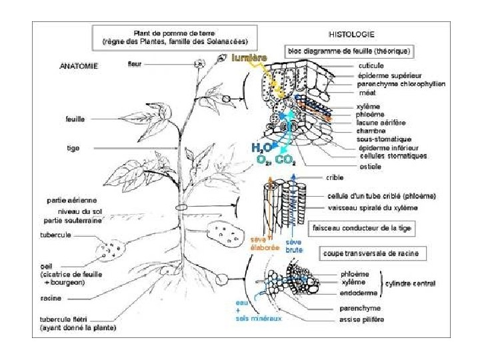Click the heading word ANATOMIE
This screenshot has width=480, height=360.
click(79, 66)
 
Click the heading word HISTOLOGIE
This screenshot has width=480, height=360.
click(351, 33)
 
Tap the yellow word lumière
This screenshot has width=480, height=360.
click(249, 58)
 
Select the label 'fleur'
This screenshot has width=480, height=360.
click(134, 64)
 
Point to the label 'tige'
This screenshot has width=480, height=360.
click(73, 148)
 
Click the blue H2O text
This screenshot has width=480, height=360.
click(260, 147)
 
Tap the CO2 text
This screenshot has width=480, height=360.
click(285, 160)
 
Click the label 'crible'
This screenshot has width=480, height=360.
click(335, 178)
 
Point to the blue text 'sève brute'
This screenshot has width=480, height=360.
click(294, 245)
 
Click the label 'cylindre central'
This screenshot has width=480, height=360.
click(411, 283)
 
